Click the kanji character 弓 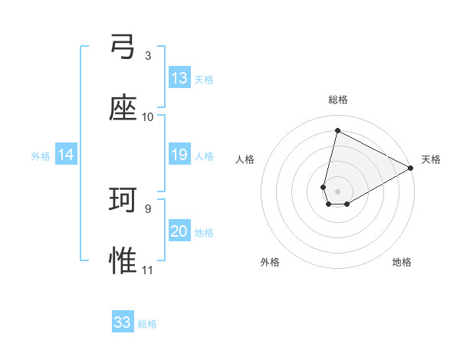click(123, 48)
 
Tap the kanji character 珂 click(123, 201)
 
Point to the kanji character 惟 click(123, 260)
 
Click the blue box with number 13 click(179, 78)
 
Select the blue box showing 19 click(179, 155)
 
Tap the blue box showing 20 click(179, 232)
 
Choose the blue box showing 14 click(66, 155)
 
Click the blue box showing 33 click(123, 322)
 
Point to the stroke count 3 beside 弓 click(148, 56)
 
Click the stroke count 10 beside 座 click(148, 116)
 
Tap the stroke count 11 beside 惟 click(148, 270)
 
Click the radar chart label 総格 click(338, 100)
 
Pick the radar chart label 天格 click(431, 159)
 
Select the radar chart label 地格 click(402, 262)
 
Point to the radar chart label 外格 click(270, 262)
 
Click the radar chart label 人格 click(245, 159)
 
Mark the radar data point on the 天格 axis click(412, 169)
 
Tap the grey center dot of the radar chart click(338, 191)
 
